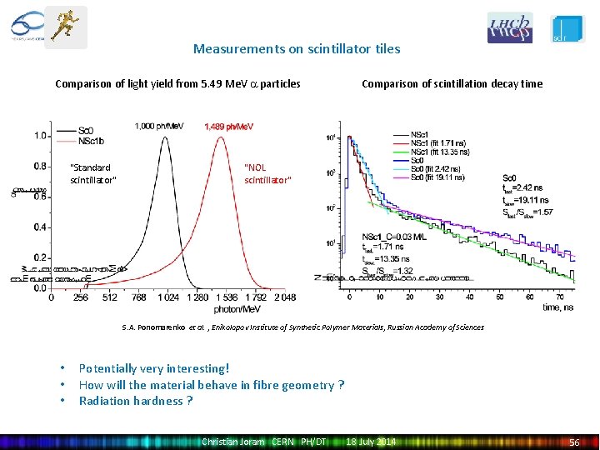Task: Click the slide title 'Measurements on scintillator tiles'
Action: pos(297,48)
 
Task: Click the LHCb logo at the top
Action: pos(510,28)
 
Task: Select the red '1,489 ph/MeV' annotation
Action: pos(229,127)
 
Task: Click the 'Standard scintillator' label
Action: pos(93,173)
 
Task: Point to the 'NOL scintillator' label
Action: pos(267,173)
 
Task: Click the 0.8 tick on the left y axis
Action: pos(39,166)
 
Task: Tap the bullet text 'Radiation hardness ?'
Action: pos(136,401)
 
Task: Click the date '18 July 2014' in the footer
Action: pos(371,441)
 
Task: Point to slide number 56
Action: pos(573,442)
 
